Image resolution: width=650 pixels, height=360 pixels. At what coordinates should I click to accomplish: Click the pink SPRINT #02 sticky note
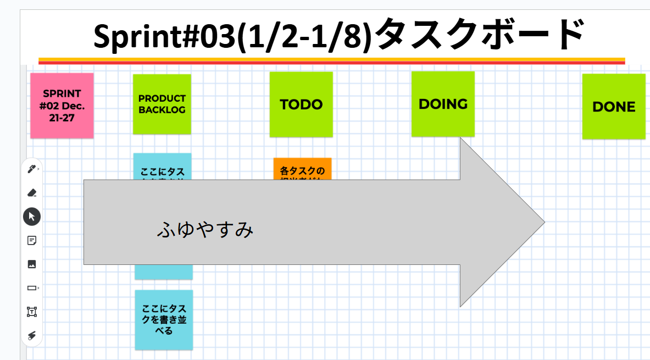pos(62,105)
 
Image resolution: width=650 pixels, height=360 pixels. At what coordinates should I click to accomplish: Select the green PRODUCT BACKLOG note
pos(162,104)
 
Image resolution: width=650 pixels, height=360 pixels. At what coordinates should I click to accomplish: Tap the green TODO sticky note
pos(301,104)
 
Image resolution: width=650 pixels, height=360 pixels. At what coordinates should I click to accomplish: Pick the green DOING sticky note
pos(443,104)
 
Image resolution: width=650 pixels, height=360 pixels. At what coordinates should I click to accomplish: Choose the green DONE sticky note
pos(614,107)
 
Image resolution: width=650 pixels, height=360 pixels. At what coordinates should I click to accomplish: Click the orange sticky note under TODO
pos(302,169)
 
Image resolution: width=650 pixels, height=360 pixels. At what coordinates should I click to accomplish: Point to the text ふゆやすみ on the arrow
pos(205,230)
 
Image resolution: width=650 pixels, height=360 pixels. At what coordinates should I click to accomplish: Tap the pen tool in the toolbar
pos(32,169)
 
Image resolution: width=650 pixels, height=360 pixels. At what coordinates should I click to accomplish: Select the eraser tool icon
pos(32,192)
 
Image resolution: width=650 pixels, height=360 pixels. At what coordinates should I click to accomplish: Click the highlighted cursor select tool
pos(32,217)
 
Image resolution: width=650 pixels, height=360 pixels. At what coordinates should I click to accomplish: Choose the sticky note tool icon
pos(32,240)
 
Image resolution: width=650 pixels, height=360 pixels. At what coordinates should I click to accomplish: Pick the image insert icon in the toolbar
pos(32,264)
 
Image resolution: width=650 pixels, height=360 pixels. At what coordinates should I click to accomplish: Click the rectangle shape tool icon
pos(32,288)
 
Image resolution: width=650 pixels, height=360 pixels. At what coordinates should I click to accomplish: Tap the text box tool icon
pos(32,312)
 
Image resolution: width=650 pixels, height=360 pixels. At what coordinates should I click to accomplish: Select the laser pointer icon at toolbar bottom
pos(32,336)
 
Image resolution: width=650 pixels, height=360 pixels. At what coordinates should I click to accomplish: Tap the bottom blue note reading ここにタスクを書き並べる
pos(164,319)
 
